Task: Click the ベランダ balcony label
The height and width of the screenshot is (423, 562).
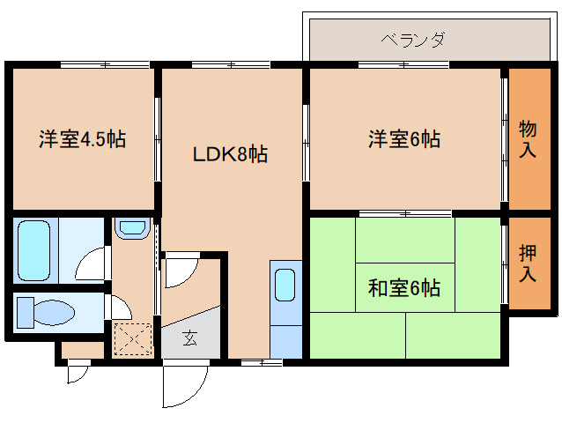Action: (x=412, y=39)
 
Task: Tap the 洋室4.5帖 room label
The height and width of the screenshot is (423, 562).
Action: (x=83, y=138)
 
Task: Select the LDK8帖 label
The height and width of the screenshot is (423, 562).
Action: (x=230, y=154)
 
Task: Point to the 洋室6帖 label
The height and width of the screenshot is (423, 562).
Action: (x=404, y=138)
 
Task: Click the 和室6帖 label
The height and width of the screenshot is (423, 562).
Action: (x=404, y=288)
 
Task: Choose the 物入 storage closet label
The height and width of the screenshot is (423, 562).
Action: (x=528, y=139)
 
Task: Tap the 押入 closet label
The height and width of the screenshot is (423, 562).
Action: (x=528, y=263)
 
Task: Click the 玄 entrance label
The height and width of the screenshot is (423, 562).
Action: (x=190, y=338)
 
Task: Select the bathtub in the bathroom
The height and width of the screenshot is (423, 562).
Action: (x=34, y=250)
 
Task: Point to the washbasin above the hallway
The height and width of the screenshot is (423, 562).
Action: (x=133, y=228)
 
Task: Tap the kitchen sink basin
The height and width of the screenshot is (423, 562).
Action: (x=285, y=285)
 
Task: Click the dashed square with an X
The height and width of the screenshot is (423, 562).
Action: (x=133, y=339)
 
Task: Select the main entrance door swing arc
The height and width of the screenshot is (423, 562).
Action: (x=194, y=394)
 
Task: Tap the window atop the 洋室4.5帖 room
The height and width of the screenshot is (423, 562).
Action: (x=105, y=65)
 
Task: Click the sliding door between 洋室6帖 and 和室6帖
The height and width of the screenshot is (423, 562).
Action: (x=405, y=213)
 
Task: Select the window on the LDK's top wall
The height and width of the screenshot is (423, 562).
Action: (x=231, y=65)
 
